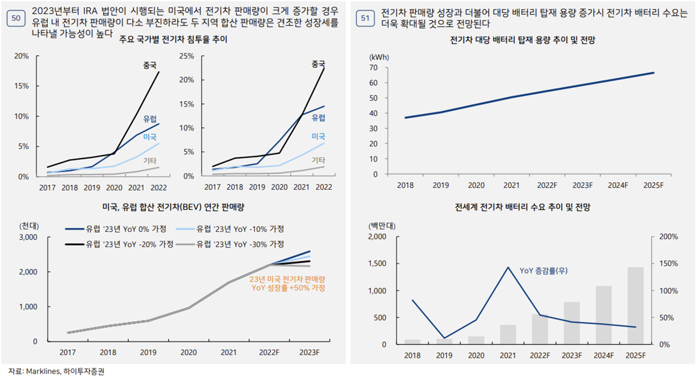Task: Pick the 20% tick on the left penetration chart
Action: tap(21, 56)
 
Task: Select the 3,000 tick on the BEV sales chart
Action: tap(28, 237)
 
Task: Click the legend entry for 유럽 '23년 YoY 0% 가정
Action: tap(119, 229)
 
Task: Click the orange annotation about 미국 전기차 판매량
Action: tap(287, 283)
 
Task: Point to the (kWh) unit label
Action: tap(378, 57)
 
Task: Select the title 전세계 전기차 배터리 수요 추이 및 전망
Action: tap(522, 208)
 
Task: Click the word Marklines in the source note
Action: tap(41, 372)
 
